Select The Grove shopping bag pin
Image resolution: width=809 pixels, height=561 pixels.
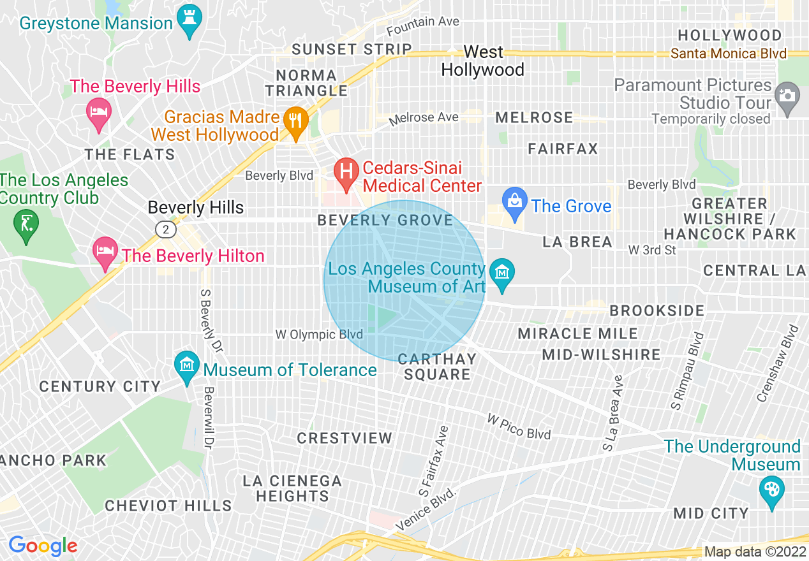click(x=513, y=201)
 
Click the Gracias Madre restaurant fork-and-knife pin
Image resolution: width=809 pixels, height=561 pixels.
click(x=295, y=121)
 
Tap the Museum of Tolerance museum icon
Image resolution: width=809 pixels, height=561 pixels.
click(x=186, y=367)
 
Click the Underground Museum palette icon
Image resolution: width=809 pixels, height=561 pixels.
click(x=771, y=491)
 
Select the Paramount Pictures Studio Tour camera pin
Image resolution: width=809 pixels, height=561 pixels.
click(x=787, y=97)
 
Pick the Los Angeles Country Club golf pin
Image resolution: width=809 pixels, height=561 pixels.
click(x=26, y=225)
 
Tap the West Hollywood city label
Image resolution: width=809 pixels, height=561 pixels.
click(x=482, y=61)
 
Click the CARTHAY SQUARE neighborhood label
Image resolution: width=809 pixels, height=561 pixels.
click(x=437, y=367)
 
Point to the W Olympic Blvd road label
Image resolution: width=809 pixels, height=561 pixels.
click(x=319, y=334)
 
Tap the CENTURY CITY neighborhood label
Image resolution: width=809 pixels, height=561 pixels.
click(x=100, y=386)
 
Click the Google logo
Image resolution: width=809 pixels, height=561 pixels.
click(x=42, y=545)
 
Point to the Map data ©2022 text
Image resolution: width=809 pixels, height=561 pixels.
click(x=754, y=551)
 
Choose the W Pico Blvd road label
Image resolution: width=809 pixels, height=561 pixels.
click(x=518, y=426)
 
